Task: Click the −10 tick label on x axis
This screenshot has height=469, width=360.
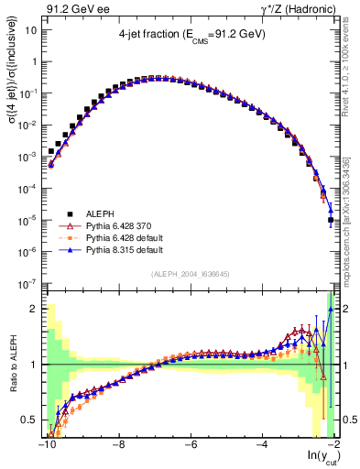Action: [x=46, y=446]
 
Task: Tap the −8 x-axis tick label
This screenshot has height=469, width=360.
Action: [x=117, y=446]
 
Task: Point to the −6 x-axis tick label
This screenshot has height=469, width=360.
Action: [x=189, y=446]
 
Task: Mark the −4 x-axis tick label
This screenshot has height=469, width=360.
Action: [x=261, y=446]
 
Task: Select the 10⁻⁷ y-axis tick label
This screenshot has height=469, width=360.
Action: [x=27, y=283]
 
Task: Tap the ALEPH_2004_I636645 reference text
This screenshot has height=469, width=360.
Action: [x=191, y=275]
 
